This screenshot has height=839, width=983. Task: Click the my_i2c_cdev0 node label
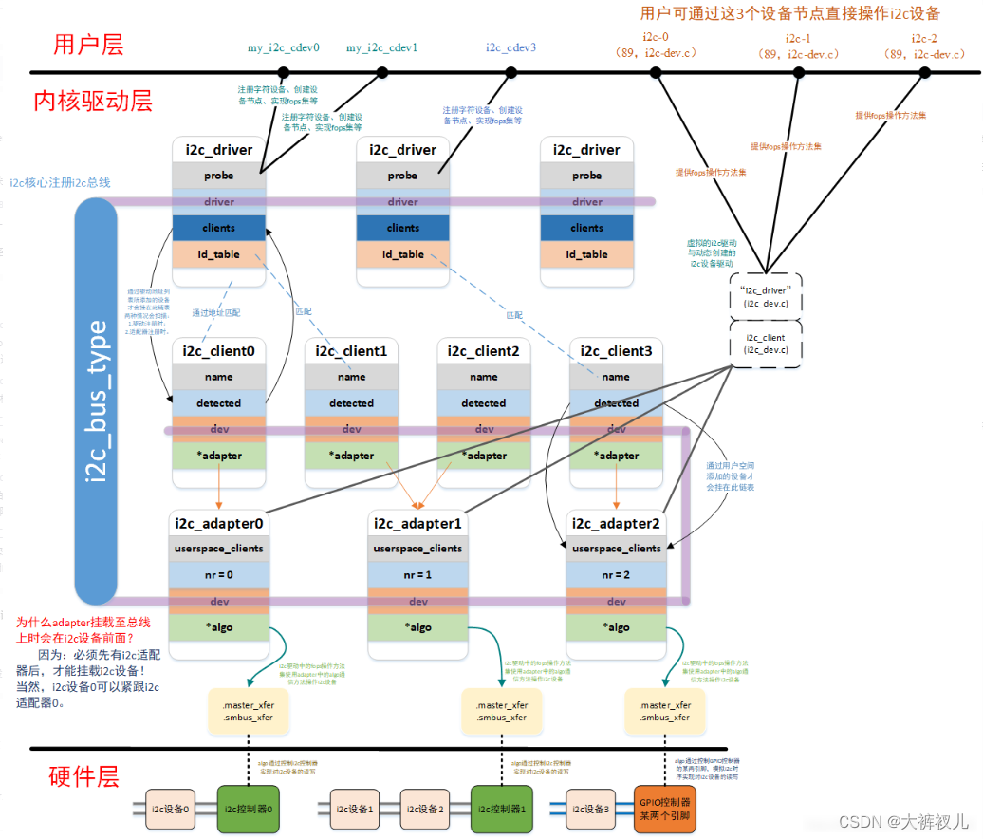point(283,47)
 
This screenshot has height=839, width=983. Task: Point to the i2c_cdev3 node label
point(510,47)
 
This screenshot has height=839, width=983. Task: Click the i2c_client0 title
point(219,351)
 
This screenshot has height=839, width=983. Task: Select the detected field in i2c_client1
point(351,403)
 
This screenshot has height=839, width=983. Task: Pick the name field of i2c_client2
point(484,377)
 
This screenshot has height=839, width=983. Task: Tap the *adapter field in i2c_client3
point(616,456)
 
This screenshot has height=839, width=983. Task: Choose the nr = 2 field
point(616,575)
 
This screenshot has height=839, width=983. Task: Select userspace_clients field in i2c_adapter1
point(417,549)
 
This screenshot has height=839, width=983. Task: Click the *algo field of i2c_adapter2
point(616,627)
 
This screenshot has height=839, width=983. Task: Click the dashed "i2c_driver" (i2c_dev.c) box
point(766,296)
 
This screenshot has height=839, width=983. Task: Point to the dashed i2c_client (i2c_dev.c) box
point(766,343)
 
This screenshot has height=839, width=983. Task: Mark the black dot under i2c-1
point(799,72)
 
